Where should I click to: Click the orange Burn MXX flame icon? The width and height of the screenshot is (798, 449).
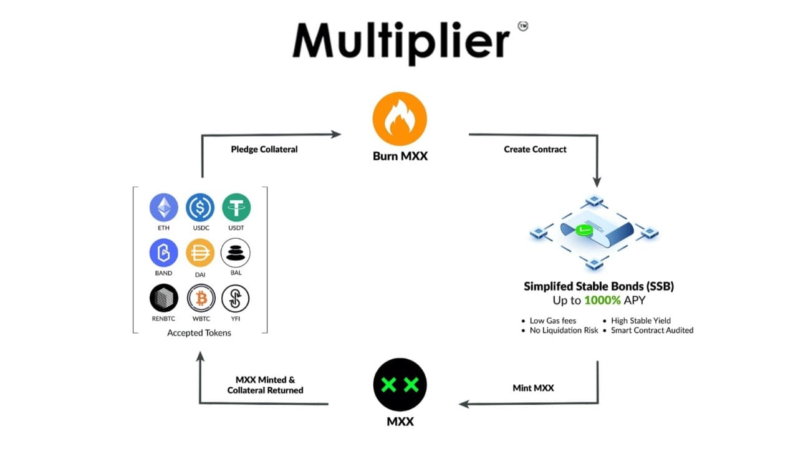400,118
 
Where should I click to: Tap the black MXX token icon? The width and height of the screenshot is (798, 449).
400,384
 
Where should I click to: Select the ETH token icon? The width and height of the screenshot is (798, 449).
164,207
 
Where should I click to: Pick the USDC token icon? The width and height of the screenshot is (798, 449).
200,207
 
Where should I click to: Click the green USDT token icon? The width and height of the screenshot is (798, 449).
236,207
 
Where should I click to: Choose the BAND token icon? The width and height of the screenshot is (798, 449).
164,253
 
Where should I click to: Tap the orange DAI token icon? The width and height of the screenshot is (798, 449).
200,253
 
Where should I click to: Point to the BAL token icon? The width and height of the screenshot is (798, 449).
236,253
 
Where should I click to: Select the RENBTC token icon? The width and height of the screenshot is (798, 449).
164,299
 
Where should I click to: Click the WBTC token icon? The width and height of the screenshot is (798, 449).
201,299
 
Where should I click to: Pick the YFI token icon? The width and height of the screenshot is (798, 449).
236,299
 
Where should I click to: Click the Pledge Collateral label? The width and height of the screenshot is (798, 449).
264,149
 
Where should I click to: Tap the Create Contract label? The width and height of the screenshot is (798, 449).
535,149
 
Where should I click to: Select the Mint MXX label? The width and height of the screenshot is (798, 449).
532,388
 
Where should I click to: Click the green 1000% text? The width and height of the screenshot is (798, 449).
603,301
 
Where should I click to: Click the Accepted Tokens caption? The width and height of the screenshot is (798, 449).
199,333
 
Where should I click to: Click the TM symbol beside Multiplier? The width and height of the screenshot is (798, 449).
522,27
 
